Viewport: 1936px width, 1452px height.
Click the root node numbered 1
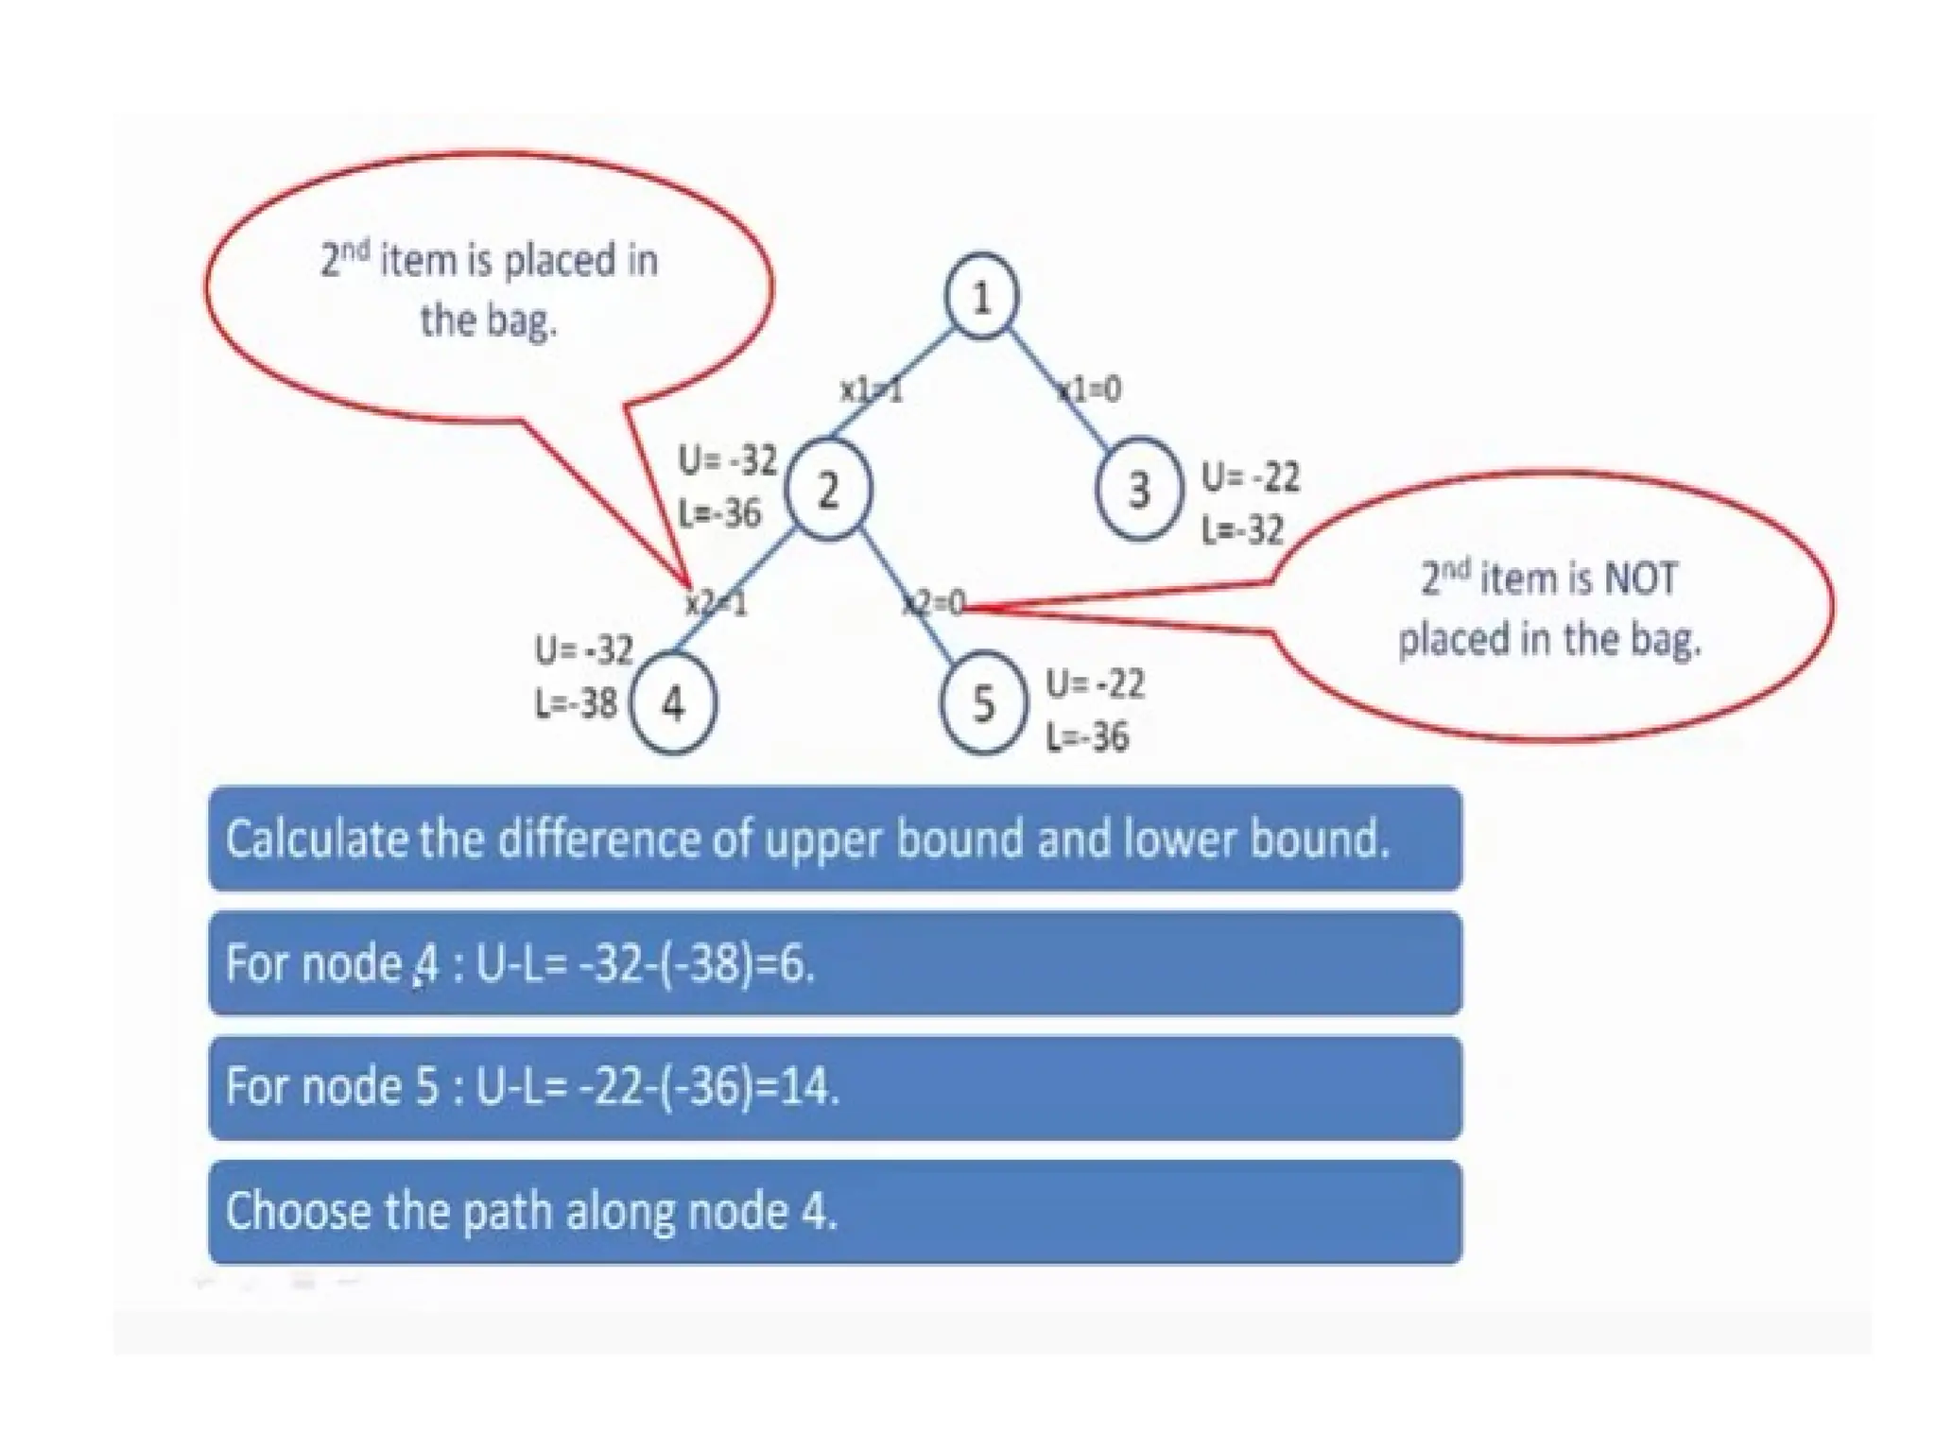pos(981,296)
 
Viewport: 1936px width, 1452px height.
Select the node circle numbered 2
pos(829,490)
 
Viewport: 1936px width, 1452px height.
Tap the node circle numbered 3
pos(1139,490)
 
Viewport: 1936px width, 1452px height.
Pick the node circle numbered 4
pos(673,703)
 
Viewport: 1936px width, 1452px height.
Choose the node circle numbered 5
pos(983,704)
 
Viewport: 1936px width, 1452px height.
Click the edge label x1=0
pos(1090,389)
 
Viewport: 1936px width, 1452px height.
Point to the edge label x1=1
pos(872,389)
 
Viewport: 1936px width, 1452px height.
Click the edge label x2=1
pos(716,602)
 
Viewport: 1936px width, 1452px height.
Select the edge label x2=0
pos(934,602)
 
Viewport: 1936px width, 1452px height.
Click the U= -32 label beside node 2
pos(727,461)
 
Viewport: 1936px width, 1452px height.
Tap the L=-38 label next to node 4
pos(576,703)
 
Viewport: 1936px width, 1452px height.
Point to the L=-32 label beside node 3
pos(1242,530)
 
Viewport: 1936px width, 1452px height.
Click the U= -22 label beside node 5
pos(1095,683)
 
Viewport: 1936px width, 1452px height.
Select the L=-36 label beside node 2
pos(719,513)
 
